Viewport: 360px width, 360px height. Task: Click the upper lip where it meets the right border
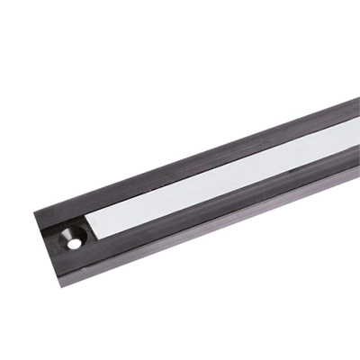356,112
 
